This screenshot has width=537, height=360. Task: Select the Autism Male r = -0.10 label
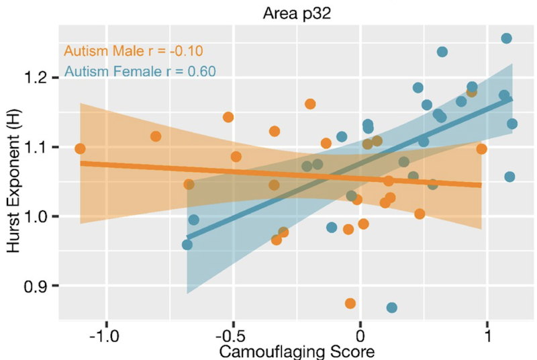(134, 51)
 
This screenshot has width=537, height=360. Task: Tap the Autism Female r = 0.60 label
(140, 71)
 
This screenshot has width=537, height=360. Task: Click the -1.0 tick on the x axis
(105, 334)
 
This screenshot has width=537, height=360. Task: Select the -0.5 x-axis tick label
(232, 334)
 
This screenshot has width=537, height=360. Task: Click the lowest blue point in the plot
(392, 308)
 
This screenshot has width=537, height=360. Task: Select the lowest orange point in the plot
(350, 304)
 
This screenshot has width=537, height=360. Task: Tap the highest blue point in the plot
(506, 38)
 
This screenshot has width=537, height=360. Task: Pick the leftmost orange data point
(80, 148)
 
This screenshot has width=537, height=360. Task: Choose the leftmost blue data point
(187, 244)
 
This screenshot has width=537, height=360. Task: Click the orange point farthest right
(481, 148)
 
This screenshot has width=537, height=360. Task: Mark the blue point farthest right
(512, 124)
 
